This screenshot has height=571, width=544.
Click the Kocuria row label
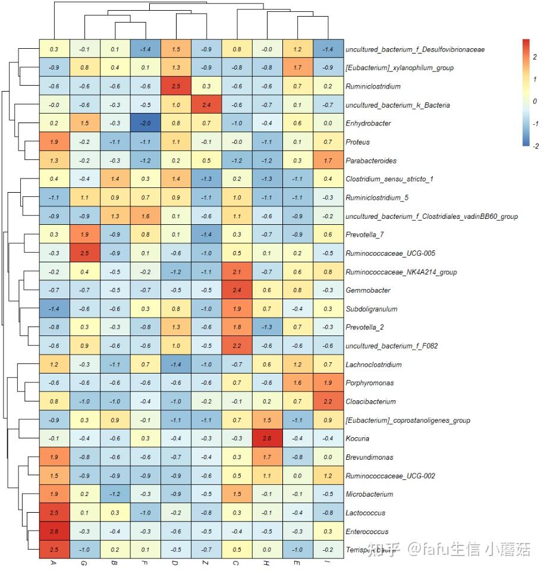[357, 439]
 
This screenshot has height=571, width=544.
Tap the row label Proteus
[357, 142]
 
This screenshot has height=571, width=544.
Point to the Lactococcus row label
[365, 513]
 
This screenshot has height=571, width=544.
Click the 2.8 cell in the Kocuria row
[268, 439]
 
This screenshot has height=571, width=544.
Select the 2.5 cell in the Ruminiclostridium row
[177, 86]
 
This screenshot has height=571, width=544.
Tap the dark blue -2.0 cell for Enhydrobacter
[146, 123]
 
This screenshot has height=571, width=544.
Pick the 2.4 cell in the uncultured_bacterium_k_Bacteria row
[207, 105]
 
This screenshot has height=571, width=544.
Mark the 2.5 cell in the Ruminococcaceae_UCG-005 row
[85, 253]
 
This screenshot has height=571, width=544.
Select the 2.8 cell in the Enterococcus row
[54, 532]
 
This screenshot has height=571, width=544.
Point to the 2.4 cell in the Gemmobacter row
[237, 291]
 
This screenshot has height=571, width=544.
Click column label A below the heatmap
[54, 563]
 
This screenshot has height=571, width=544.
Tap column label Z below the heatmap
[207, 563]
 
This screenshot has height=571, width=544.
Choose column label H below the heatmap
[268, 563]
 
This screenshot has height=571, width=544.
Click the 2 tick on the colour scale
[534, 57]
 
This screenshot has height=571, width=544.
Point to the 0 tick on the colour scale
[534, 102]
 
